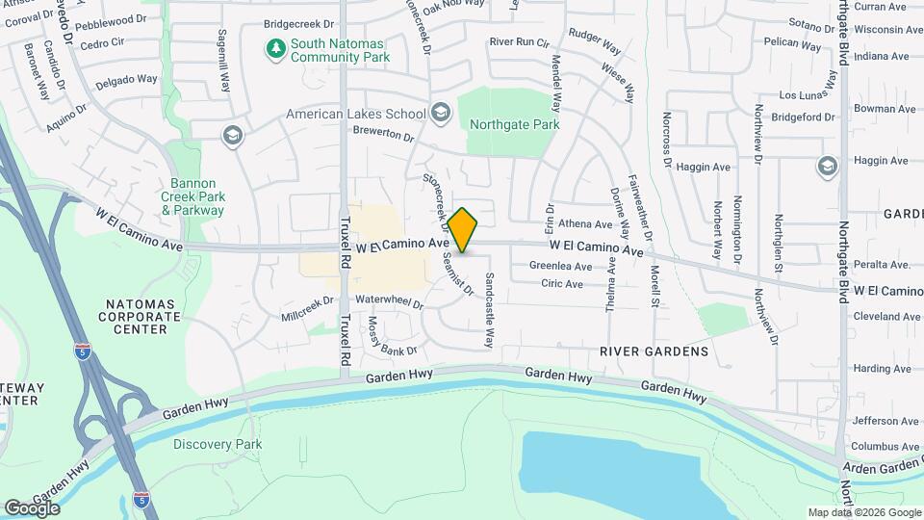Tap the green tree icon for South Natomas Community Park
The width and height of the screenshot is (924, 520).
[x=276, y=47]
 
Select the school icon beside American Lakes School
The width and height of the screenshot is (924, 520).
[x=441, y=114]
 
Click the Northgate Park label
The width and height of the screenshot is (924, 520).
[x=514, y=124]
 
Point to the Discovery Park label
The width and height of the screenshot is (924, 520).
[x=218, y=444]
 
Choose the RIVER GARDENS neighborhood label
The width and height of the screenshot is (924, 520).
[x=654, y=351]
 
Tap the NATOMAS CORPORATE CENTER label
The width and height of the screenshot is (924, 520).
[x=141, y=316]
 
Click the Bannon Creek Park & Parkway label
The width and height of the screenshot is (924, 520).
[x=192, y=196]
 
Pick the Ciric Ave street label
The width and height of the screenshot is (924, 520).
[x=562, y=284]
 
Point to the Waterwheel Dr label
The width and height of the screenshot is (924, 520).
[x=390, y=300]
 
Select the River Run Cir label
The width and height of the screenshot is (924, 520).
[x=519, y=42]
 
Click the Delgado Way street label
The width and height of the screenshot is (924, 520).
[x=126, y=80]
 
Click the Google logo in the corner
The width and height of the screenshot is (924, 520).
[x=33, y=507]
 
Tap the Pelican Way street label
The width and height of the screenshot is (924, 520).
[x=793, y=42]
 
